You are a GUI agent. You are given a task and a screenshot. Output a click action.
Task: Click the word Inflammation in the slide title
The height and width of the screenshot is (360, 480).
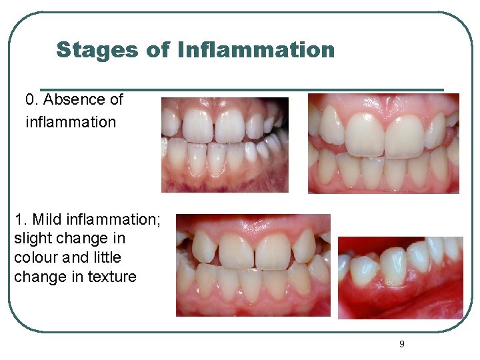[257, 50]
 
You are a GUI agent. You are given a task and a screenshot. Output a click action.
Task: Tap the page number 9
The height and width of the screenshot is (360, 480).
[401, 344]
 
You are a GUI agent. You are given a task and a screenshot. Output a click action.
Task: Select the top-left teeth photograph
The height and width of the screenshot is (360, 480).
[225, 145]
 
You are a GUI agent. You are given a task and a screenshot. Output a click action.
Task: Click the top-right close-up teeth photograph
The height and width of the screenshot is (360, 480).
[383, 143]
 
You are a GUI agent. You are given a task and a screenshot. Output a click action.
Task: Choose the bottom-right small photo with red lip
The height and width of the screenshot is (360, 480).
[400, 277]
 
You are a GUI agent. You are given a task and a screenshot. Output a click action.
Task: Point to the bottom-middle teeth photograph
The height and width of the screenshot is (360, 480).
[253, 265]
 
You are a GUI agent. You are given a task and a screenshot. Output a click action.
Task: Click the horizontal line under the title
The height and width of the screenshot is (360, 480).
[241, 89]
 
